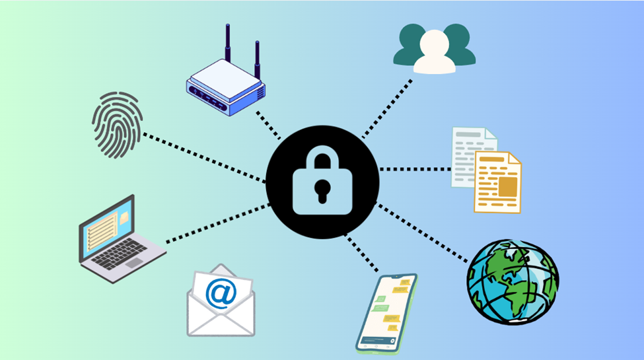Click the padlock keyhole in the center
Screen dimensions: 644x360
point(322,190)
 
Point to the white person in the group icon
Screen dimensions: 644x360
point(434,54)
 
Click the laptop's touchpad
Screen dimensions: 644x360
point(133,263)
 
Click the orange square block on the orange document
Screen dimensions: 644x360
point(507,187)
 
